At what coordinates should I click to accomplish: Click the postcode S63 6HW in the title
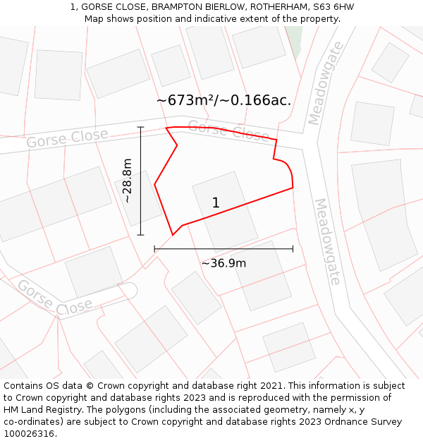coord(333,7)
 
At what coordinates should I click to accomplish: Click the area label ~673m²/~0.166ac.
coord(223,100)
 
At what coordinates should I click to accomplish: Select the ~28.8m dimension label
coord(127,181)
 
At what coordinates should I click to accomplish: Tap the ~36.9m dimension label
coord(223,263)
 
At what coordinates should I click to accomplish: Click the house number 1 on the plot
coord(216,203)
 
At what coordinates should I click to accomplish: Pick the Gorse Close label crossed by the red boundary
coord(228,130)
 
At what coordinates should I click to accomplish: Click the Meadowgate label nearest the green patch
coord(325,83)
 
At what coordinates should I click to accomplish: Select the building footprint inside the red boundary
coord(225,212)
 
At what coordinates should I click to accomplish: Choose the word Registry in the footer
coord(72,410)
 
